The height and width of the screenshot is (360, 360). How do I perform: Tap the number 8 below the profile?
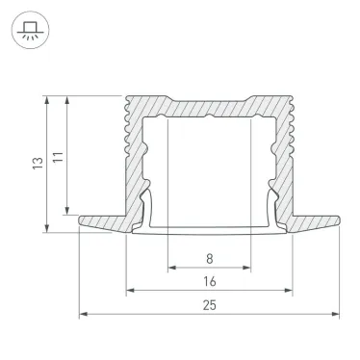[x=210, y=257]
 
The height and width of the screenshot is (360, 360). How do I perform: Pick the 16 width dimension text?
[x=210, y=281]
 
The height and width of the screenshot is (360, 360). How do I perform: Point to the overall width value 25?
[x=210, y=305]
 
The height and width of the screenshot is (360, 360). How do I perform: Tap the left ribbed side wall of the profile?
[x=134, y=154]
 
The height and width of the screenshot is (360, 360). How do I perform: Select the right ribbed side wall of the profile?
[x=285, y=154]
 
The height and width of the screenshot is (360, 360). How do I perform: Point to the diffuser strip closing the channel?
[x=209, y=231]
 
